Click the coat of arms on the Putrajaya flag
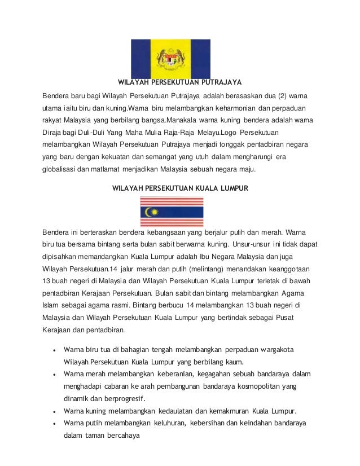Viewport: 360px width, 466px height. coord(171,58)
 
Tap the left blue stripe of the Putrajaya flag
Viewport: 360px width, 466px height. coord(142,58)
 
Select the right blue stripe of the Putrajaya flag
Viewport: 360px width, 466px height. coord(200,58)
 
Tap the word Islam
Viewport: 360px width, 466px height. coord(51,305)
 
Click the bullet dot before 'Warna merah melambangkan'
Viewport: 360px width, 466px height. coord(53,374)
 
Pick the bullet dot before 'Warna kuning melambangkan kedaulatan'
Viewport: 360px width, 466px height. coord(53,410)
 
